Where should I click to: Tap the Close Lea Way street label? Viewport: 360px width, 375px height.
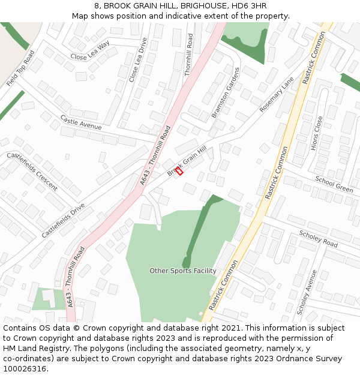click(x=90, y=51)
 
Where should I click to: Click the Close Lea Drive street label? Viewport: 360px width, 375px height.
click(x=137, y=60)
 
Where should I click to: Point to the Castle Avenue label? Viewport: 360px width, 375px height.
click(x=81, y=122)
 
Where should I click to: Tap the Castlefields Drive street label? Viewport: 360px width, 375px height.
click(x=63, y=221)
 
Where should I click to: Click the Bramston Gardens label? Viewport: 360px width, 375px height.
click(x=225, y=92)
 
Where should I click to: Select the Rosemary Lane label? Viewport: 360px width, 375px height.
click(x=277, y=95)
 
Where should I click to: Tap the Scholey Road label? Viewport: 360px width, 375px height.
click(x=318, y=240)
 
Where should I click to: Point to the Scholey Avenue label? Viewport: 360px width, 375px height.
click(x=307, y=292)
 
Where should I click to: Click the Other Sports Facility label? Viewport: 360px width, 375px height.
click(x=183, y=271)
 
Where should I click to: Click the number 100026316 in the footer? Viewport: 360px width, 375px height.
click(x=25, y=368)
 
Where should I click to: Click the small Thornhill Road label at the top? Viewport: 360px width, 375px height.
click(x=190, y=54)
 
